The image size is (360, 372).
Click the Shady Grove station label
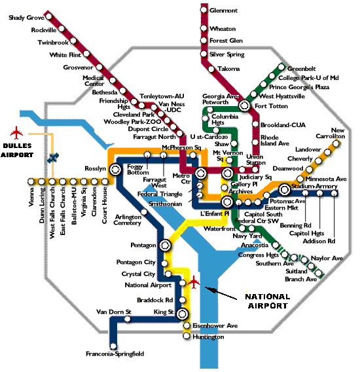point(26,18)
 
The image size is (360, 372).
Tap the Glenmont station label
point(223,10)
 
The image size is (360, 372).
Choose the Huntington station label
point(207,337)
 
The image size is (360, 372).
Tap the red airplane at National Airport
point(194,282)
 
